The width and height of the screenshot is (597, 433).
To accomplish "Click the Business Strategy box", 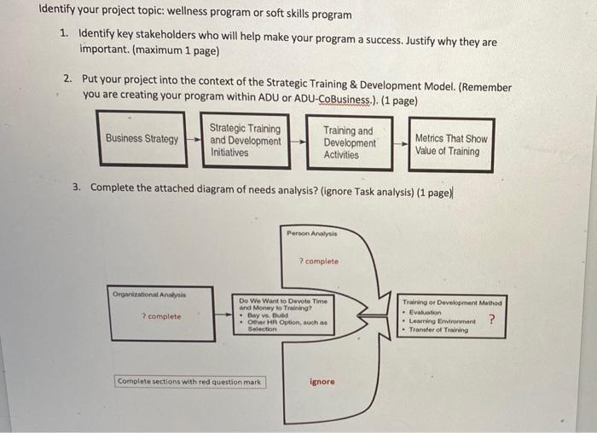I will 142,139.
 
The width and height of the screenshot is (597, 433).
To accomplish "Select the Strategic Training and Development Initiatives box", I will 245,141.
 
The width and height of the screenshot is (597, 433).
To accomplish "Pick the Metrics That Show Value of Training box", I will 451,144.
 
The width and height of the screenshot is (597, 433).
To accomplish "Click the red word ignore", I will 322,382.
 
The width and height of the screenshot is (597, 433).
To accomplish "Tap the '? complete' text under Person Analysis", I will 318,261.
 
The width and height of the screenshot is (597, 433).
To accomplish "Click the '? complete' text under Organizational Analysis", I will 160,316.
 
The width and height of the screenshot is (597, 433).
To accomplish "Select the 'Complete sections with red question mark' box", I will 190,381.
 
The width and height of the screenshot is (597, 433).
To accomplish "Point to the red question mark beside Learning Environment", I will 490,320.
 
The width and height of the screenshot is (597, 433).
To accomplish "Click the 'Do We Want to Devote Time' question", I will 281,302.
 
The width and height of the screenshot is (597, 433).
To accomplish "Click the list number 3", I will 77,187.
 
